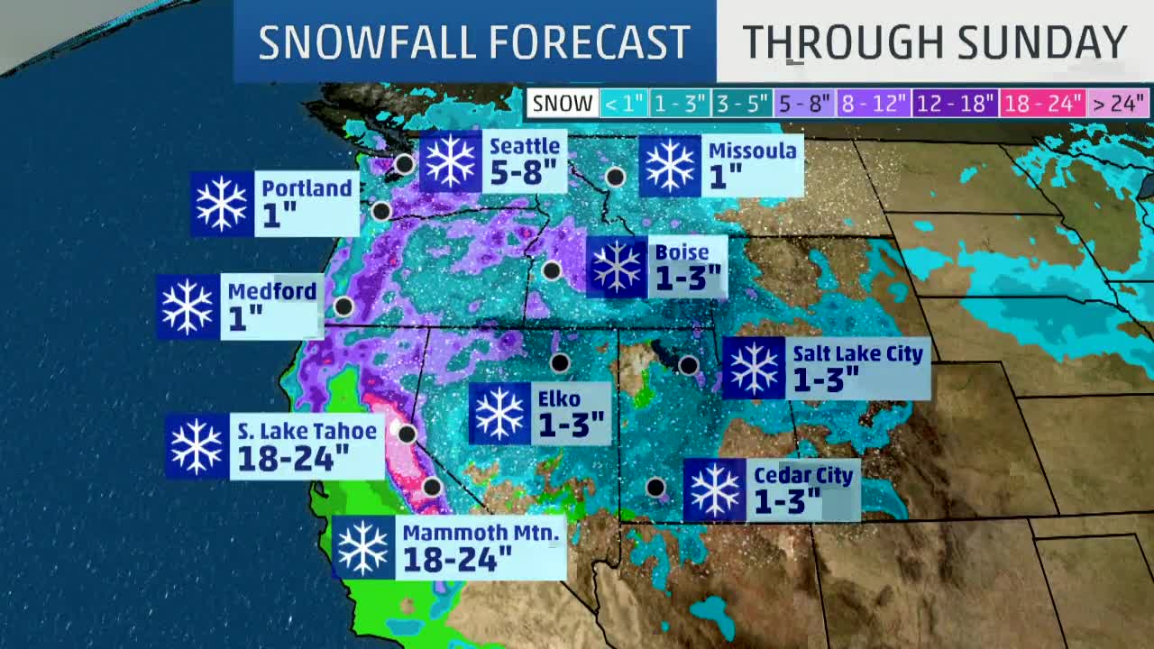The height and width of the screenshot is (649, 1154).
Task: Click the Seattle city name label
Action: click(524, 146)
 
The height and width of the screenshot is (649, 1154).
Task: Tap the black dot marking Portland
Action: click(381, 212)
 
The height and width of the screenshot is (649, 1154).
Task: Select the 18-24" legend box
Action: click(1042, 104)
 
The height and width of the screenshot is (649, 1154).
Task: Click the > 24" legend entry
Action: click(1118, 104)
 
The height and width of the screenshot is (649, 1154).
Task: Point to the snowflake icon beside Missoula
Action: click(670, 166)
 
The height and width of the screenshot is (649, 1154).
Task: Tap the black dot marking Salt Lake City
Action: click(688, 365)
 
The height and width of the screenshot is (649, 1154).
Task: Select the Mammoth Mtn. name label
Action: click(481, 533)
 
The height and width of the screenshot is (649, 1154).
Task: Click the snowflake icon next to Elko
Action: click(499, 414)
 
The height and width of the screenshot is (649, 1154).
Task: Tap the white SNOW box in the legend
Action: click(563, 104)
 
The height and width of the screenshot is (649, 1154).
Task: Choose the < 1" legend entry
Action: click(624, 104)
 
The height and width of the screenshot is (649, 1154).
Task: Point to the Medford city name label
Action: click(271, 291)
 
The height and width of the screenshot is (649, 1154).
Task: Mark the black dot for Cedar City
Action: click(655, 488)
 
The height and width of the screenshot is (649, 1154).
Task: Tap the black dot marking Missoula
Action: click(615, 178)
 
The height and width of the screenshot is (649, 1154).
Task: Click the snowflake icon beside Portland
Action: click(222, 204)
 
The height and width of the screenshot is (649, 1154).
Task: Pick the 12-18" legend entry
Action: click(954, 104)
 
